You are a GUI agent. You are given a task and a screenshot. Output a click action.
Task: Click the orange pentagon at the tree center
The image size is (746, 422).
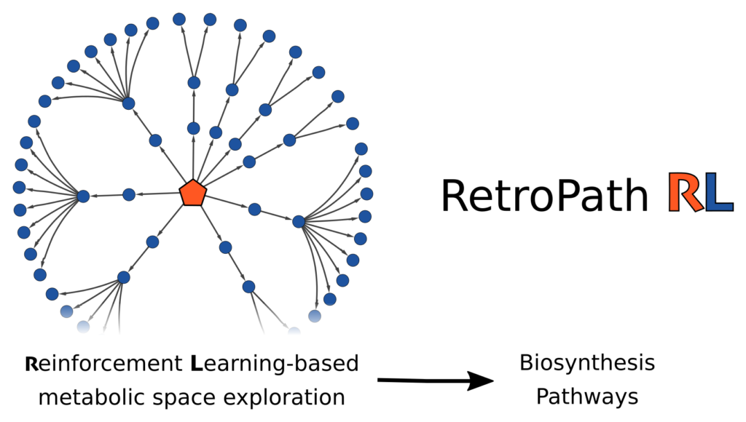(193, 193)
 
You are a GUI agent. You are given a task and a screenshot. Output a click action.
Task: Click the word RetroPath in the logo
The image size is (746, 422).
(543, 196)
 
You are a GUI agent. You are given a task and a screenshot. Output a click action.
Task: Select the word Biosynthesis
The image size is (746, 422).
(587, 363)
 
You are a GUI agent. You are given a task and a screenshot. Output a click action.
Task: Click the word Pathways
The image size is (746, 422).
(587, 397)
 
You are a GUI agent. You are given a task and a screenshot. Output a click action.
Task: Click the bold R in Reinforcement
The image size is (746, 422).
(31, 363)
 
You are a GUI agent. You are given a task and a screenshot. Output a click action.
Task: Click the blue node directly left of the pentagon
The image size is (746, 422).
(129, 194)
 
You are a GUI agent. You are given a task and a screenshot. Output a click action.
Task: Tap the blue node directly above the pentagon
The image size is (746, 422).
(193, 129)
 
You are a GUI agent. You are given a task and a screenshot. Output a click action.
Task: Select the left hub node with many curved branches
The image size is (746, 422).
(82, 196)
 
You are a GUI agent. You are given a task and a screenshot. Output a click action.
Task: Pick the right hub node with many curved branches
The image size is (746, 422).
(298, 221)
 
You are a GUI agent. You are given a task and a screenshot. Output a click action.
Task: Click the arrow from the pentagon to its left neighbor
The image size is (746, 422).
(156, 194)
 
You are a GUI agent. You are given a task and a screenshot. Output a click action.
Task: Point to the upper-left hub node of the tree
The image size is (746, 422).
(128, 103)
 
